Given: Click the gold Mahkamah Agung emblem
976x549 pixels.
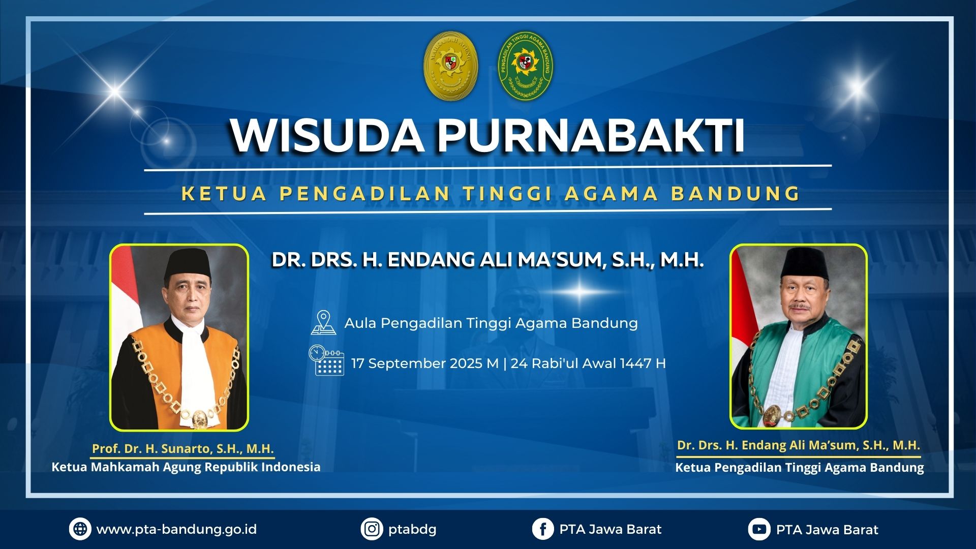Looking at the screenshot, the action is click(x=451, y=66).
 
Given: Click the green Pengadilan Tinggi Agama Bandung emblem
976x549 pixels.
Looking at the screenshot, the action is click(x=525, y=66).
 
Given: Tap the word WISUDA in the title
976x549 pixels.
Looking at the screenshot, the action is click(x=327, y=136).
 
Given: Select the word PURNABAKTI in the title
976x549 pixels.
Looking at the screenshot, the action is click(x=591, y=136).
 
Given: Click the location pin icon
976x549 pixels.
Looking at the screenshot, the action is click(x=323, y=323).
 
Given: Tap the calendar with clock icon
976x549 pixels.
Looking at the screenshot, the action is click(x=326, y=360).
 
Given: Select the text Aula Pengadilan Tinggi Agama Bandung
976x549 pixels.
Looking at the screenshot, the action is click(x=491, y=323).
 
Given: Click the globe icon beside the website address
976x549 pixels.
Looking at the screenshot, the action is click(x=80, y=529).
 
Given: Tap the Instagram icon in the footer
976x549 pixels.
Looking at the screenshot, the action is click(x=372, y=529).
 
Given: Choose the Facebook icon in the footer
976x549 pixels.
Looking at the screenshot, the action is click(x=543, y=529).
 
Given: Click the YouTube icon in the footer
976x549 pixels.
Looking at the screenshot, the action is click(x=759, y=529).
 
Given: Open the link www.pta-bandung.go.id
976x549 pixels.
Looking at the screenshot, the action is click(x=176, y=530).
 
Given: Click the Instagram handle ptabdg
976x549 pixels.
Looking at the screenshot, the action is click(x=412, y=530).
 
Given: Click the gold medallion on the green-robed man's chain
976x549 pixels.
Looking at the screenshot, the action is click(x=772, y=415).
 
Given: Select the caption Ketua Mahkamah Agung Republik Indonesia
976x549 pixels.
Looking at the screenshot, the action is click(x=186, y=467).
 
